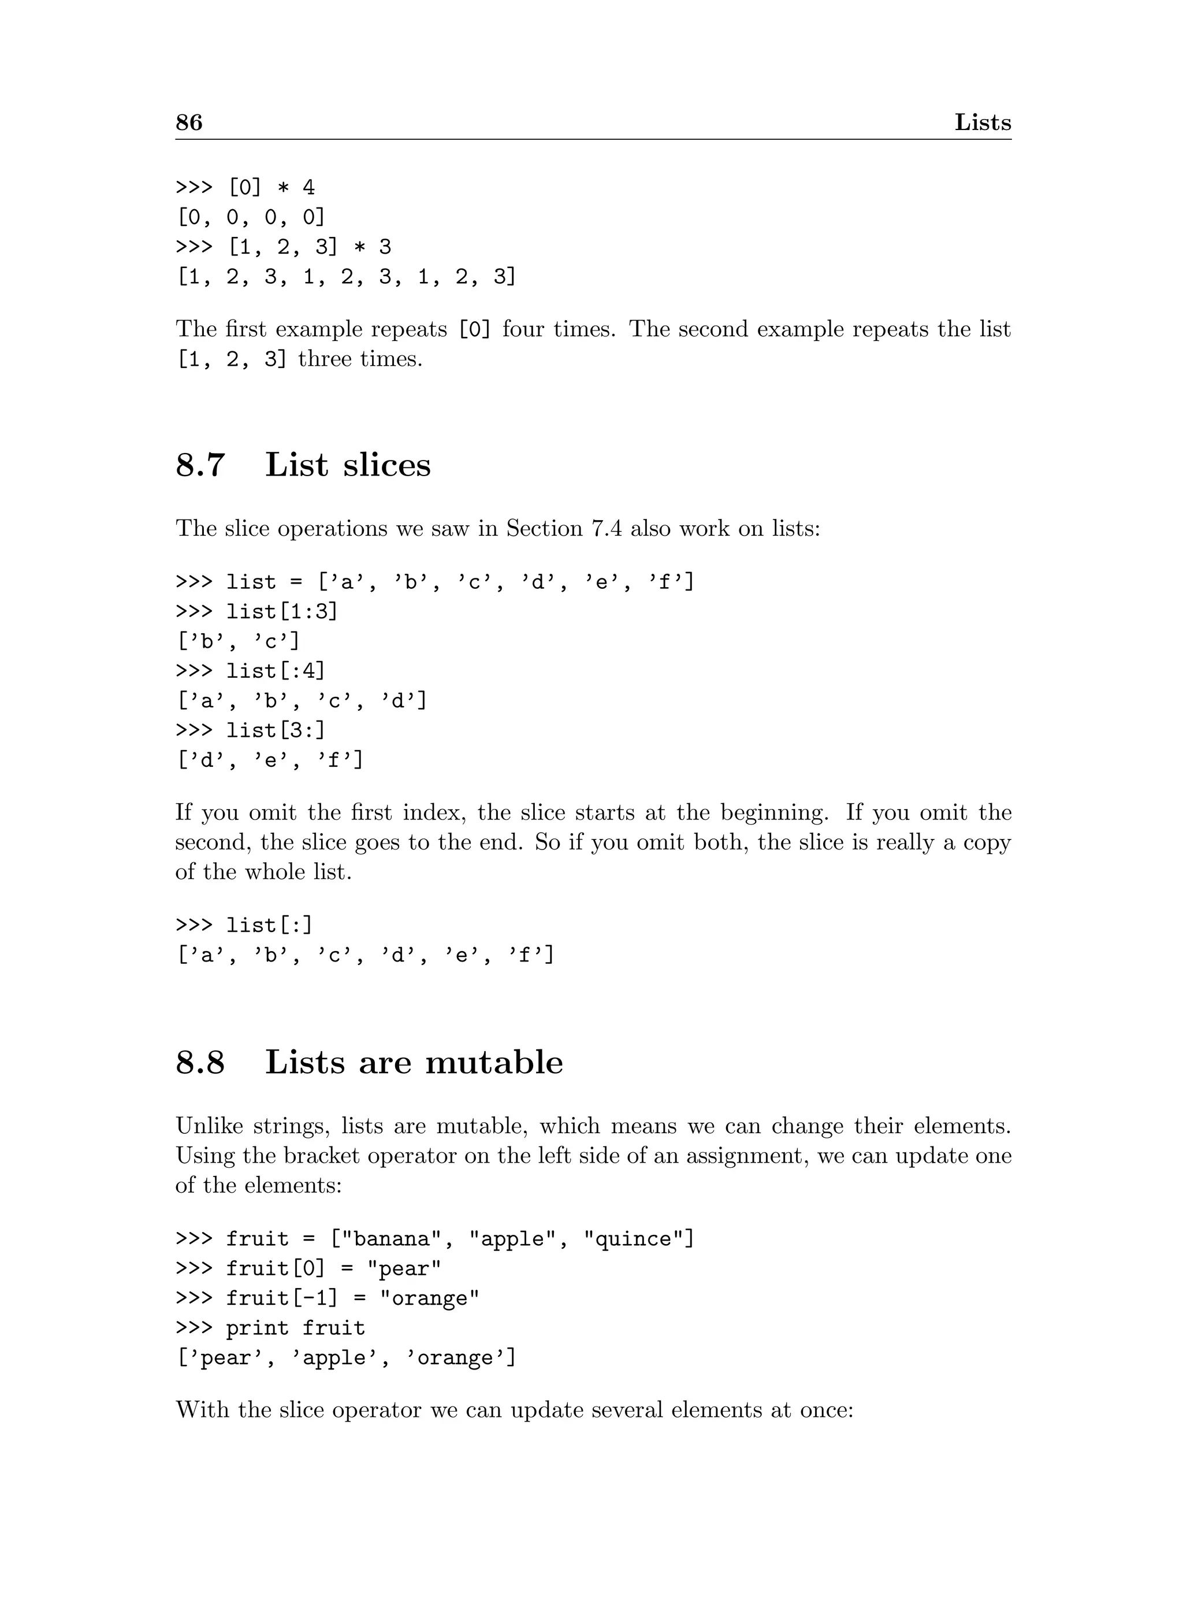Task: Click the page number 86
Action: coord(189,123)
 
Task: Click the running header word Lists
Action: coord(983,123)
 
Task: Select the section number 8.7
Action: coord(200,465)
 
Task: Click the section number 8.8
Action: coord(200,1063)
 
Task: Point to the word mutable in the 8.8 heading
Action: coord(494,1063)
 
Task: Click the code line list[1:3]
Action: coord(281,612)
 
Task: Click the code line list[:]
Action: coord(269,926)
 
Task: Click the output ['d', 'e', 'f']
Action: coord(270,760)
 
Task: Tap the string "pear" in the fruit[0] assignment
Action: coord(404,1270)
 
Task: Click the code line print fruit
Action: coord(295,1329)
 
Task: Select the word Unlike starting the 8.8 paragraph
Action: coord(209,1127)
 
